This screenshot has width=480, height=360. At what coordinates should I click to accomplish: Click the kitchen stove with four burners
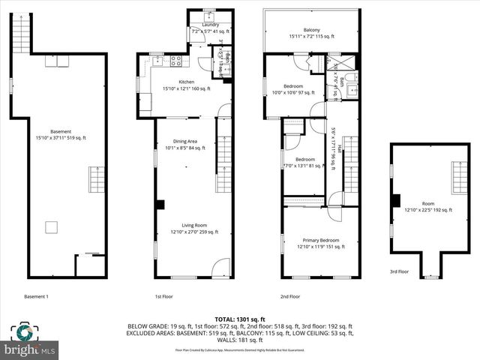(x=176, y=61)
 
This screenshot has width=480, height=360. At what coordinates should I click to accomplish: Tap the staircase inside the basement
(x=95, y=181)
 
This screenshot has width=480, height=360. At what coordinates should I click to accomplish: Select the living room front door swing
(x=220, y=267)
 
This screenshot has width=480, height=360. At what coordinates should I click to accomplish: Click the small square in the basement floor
(x=52, y=226)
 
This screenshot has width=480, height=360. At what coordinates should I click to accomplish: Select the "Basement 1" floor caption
(x=36, y=296)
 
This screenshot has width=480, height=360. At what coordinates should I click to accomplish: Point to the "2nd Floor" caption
(x=289, y=296)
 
